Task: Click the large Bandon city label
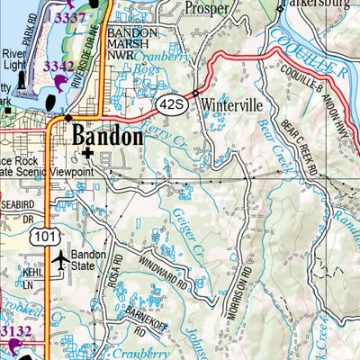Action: pyautogui.click(x=107, y=137)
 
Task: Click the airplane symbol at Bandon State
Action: pyautogui.click(x=60, y=261)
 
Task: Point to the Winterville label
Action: pyautogui.click(x=229, y=103)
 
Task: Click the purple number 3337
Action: pyautogui.click(x=71, y=17)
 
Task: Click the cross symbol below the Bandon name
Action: pyautogui.click(x=86, y=154)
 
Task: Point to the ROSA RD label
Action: pyautogui.click(x=116, y=267)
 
